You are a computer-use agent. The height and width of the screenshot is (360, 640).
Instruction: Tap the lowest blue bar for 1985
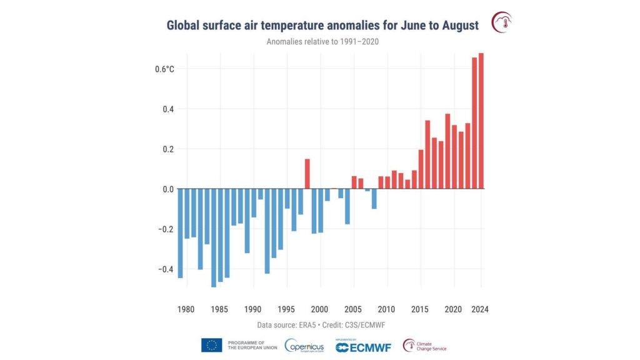(x=213, y=237)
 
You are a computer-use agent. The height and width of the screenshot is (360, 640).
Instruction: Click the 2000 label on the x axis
(x=320, y=309)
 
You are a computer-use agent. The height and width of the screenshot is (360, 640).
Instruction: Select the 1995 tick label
(x=287, y=309)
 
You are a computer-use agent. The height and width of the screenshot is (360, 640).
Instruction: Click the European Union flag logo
(x=211, y=345)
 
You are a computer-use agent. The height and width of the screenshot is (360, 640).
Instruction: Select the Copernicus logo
(x=304, y=345)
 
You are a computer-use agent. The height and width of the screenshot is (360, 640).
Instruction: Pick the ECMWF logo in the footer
(x=363, y=346)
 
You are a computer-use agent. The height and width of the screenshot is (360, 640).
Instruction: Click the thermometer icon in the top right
(x=501, y=22)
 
